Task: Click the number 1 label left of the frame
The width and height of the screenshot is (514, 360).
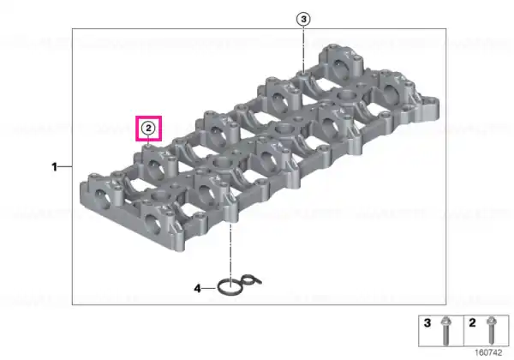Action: pyautogui.click(x=55, y=167)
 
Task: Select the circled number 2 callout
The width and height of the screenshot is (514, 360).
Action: pyautogui.click(x=148, y=129)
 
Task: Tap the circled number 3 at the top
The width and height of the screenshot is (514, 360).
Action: pyautogui.click(x=303, y=20)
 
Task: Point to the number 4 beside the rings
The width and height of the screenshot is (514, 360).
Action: pyautogui.click(x=197, y=289)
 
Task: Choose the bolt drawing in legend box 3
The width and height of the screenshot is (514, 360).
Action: pyautogui.click(x=445, y=331)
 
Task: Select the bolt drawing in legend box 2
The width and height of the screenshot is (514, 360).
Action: pyautogui.click(x=491, y=331)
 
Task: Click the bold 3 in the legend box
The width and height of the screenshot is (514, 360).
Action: pyautogui.click(x=427, y=323)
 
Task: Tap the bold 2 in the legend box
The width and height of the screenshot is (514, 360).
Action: pyautogui.click(x=472, y=323)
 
